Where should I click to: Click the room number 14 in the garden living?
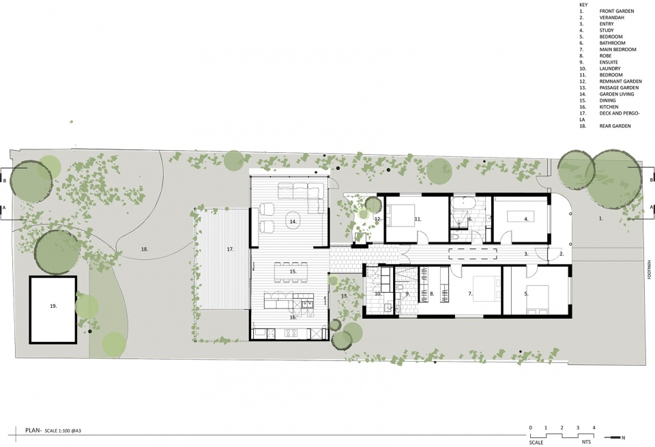pos(293,221)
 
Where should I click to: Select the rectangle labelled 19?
pos(53,310)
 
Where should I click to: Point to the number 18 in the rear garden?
pos(145,249)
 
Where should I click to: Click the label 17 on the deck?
pos(230,249)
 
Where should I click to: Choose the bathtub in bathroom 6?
pos(463,204)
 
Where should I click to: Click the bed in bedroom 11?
pos(398,215)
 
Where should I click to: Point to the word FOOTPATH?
pos(649,270)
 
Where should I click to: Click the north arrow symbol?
pos(615,437)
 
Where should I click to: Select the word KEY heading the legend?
pos(583,5)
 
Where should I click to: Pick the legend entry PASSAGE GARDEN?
pos(619,88)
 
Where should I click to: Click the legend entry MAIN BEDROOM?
pos(618,49)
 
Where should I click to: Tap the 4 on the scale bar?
pos(594,428)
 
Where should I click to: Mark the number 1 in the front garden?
pos(601,218)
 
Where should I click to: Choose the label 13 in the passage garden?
pos(344,295)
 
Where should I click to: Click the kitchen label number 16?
pos(293,317)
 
